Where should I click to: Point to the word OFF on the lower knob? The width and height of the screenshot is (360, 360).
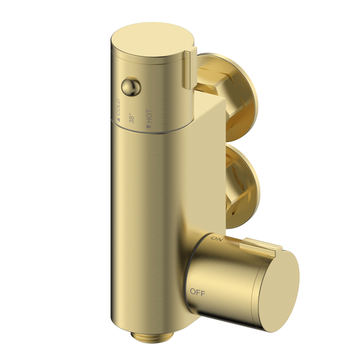(197, 291)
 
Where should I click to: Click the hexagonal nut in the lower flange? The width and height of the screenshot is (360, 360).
(226, 185)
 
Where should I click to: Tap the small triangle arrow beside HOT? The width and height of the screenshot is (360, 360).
(149, 127)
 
